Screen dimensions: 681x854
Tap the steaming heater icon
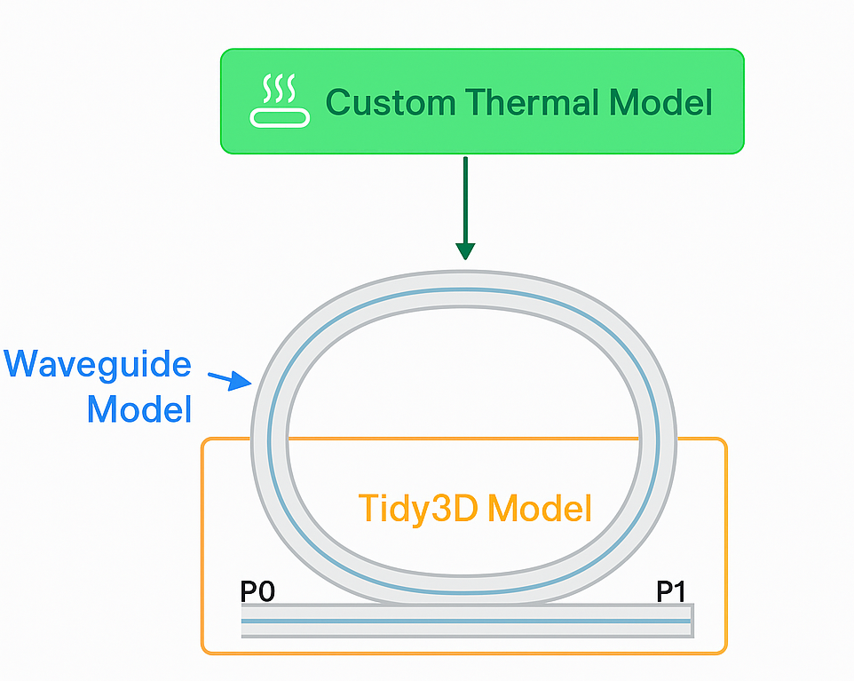[x=280, y=101]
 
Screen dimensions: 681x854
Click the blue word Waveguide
[x=98, y=365]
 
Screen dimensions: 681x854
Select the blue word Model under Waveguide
[x=139, y=409]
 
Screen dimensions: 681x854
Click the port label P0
[x=257, y=591]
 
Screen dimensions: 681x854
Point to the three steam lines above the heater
[x=280, y=87]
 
